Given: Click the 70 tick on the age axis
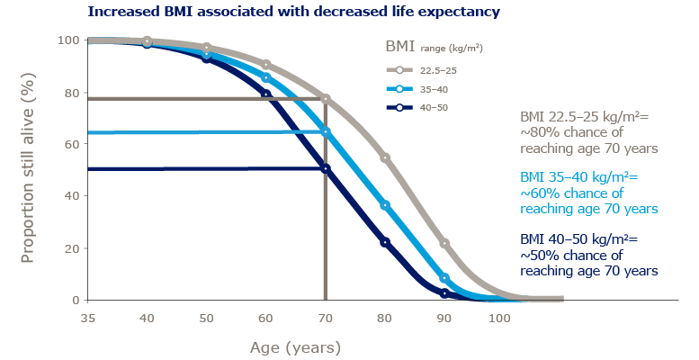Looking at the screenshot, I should pos(326,318).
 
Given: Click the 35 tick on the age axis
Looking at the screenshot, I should pos(88,318).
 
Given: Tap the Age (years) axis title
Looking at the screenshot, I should pos(296,346).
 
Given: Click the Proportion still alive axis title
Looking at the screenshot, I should pos(27,170).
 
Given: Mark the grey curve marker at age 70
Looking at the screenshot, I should pos(326,99).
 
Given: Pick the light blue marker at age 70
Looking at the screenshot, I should pos(326,132).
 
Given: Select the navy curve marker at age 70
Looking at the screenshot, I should pos(326,168).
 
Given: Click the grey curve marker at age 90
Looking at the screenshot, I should pos(444,244).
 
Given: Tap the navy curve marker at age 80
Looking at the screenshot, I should pos(385,242).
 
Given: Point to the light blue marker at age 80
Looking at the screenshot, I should pos(385,205).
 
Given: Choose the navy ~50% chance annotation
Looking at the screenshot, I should pos(590,256).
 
